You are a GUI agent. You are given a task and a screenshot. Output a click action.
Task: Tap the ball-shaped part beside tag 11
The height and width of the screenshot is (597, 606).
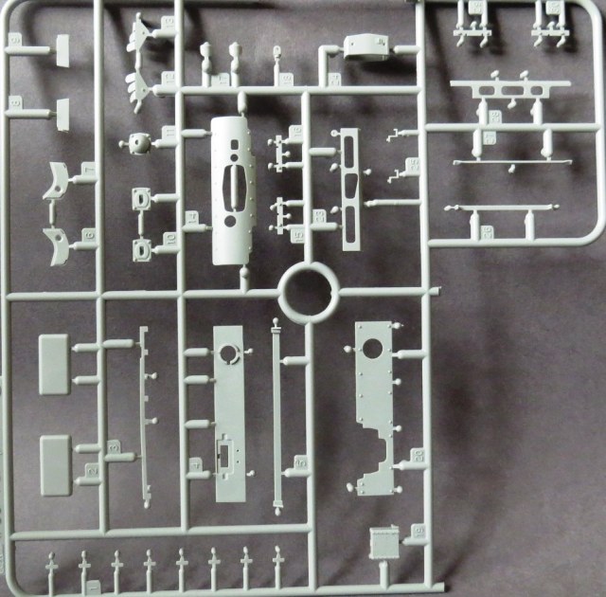point(139,144)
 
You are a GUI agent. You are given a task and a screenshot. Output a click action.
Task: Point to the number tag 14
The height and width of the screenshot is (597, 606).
point(190,220)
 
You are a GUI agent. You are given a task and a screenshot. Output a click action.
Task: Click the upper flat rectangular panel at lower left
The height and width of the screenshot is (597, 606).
point(53,365)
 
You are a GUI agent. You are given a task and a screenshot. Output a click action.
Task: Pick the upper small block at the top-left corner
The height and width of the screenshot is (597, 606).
point(62,50)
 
